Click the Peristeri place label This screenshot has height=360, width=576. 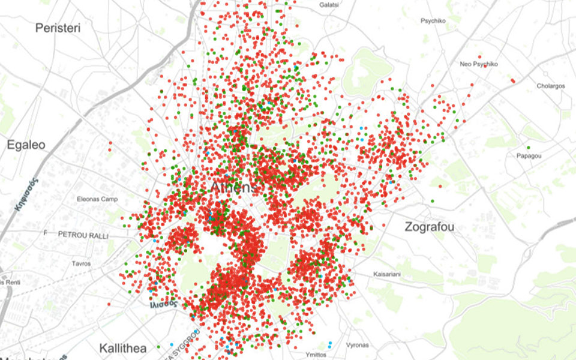tap(58, 28)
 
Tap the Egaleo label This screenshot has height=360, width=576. tap(26, 145)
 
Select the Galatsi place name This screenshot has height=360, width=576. tap(329, 5)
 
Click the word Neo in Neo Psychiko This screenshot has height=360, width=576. tap(466, 64)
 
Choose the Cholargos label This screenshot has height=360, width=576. tap(550, 86)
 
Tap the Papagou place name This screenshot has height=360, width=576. tap(529, 156)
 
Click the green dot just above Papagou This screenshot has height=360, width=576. tap(528, 148)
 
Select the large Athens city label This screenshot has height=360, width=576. tap(233, 187)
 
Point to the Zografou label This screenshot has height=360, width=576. tap(429, 227)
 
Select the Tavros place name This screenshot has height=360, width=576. tap(81, 263)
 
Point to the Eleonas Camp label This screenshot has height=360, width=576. tap(97, 199)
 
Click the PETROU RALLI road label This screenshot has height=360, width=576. tap(83, 236)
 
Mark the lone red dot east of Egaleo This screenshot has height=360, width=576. tap(110, 143)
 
